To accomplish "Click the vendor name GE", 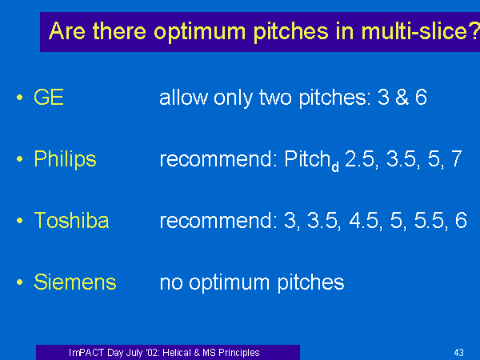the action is pos(49,98).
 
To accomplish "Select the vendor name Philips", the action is pos(65,159).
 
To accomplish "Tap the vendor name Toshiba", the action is pos(71,220).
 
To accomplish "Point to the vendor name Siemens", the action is pos(75,282).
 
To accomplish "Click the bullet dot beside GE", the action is pos(20,98).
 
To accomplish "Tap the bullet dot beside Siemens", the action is pos(20,282).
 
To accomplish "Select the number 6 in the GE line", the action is pos(421,98).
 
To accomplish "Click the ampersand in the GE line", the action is pos(402,98).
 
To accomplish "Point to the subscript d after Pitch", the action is pos(335,166).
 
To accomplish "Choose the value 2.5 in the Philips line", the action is pos(359,159).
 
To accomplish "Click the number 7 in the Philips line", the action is pos(457,158).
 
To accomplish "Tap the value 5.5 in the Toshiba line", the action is pos(429,221).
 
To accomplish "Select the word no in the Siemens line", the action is pos(171,282).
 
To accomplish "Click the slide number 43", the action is pos(458,352).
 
